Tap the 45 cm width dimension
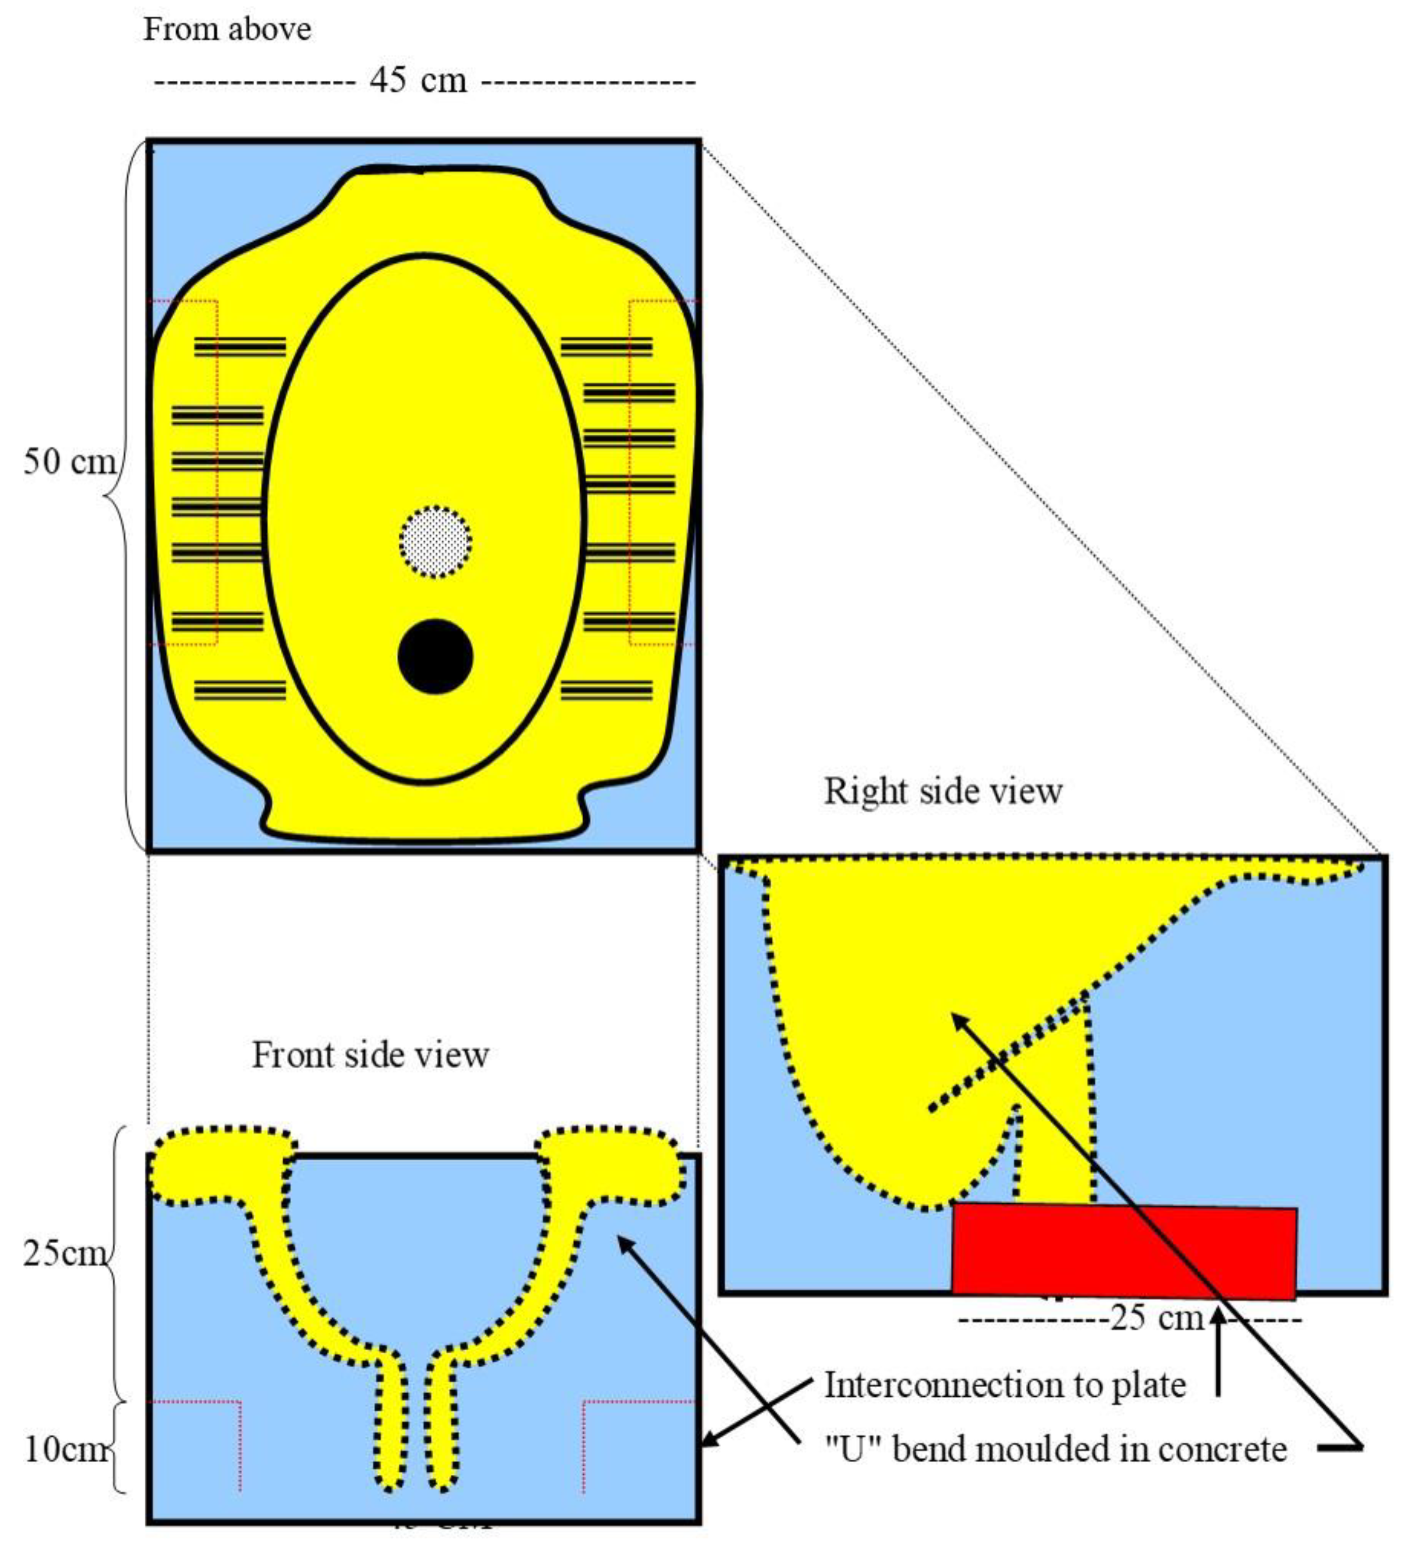417,80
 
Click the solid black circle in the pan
435,656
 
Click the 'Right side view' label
942,791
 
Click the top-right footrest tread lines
607,347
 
